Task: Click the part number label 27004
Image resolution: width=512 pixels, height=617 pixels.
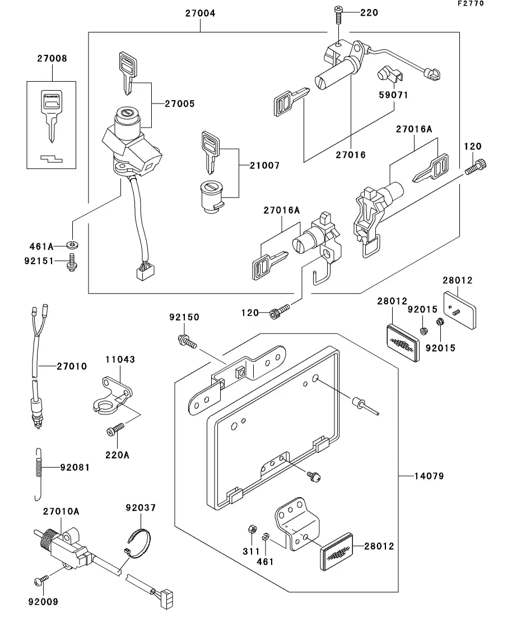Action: [x=199, y=13]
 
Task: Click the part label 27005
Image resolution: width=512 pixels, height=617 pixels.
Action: [x=180, y=103]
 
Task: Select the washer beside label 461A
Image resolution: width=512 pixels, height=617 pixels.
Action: [x=72, y=244]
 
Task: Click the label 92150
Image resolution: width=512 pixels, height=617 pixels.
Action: [x=184, y=317]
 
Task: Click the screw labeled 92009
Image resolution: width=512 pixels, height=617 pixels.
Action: [x=41, y=582]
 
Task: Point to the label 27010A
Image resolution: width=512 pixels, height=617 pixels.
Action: [x=61, y=511]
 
